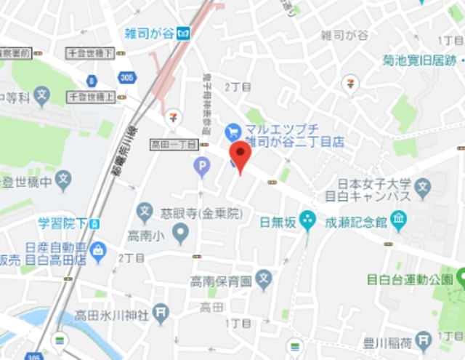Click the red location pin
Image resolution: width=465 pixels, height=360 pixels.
coord(240,155)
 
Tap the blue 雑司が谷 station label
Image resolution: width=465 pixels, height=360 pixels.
coord(150,32)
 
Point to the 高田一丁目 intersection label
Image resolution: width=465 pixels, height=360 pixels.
coord(173,144)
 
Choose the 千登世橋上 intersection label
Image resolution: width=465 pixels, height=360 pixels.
coord(92,96)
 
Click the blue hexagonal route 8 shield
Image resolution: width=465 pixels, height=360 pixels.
coord(92,81)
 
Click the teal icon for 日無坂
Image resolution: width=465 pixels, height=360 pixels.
coord(308,217)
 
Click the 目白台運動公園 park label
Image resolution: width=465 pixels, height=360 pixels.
coord(409,277)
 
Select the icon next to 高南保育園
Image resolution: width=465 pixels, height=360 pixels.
coord(264,279)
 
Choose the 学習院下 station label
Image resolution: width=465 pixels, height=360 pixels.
coord(63,221)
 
